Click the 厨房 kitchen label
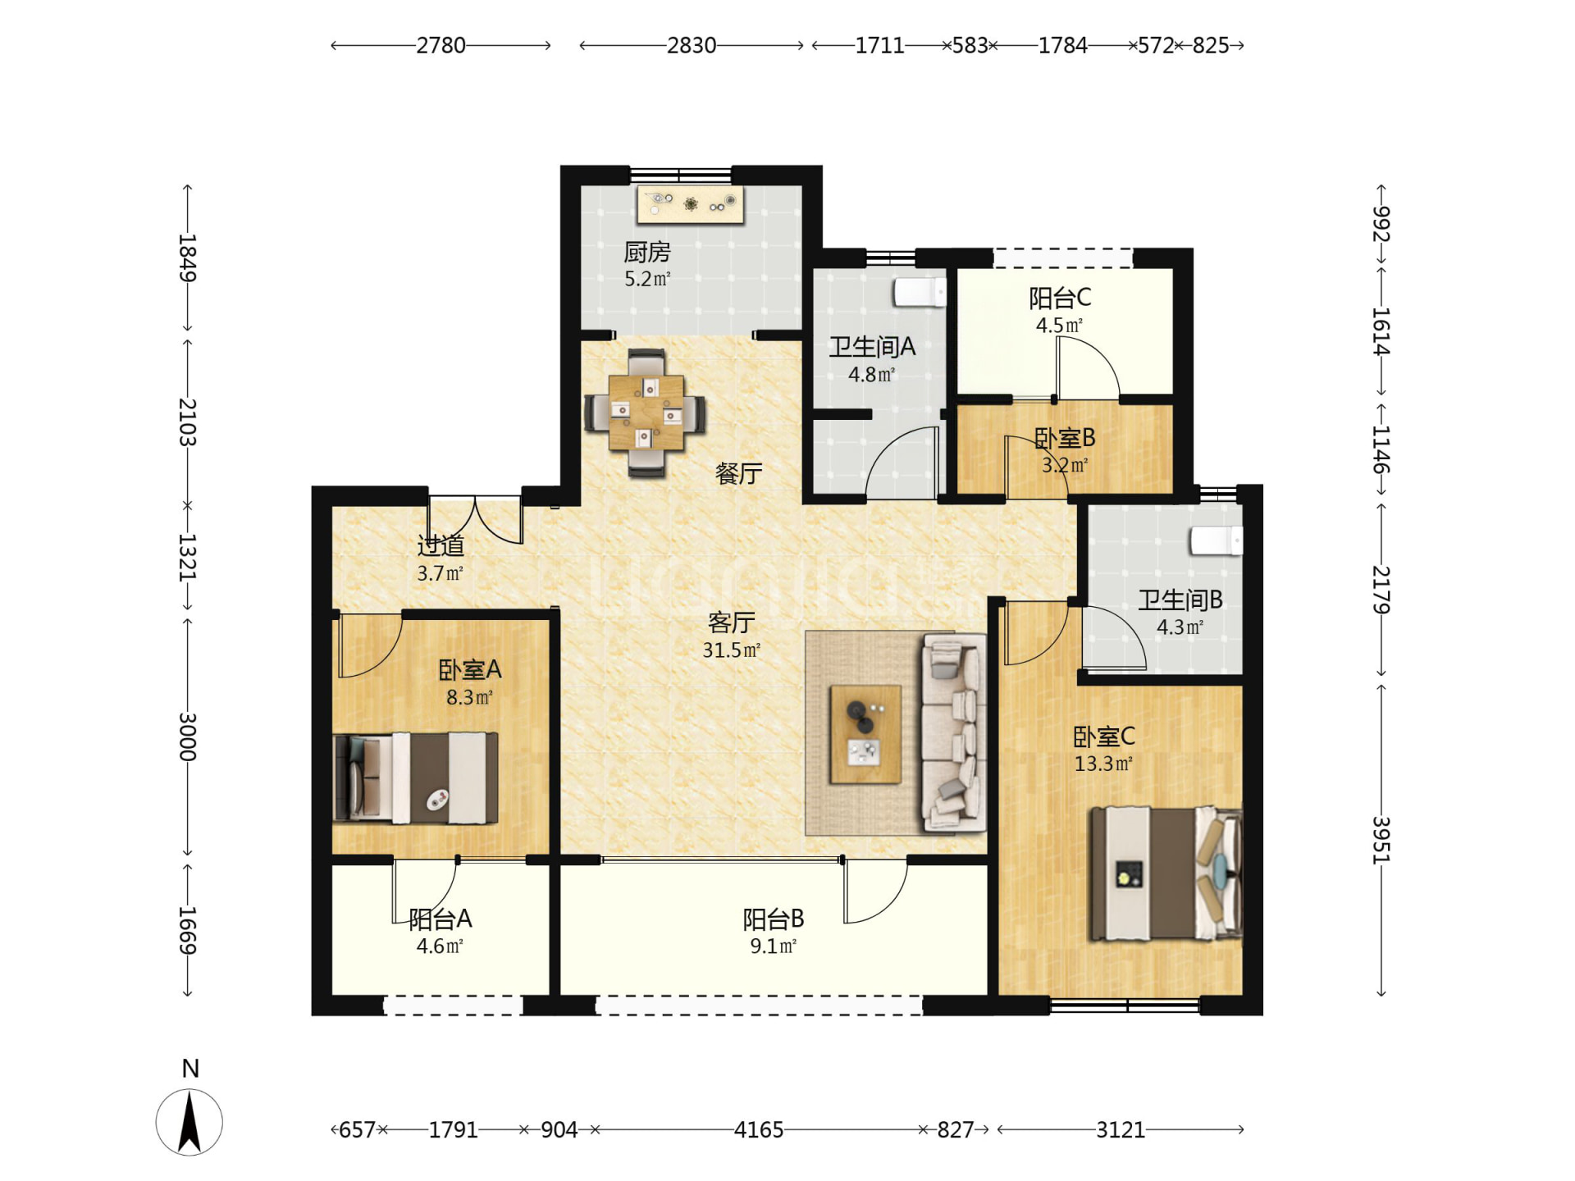[x=647, y=252]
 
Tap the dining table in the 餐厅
[x=646, y=413]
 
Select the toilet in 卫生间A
[x=920, y=292]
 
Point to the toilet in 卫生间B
[x=1217, y=540]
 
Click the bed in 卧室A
[x=416, y=777]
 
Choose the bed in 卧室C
[x=1165, y=873]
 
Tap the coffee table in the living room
[x=865, y=734]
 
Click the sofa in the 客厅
[x=953, y=732]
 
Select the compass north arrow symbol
[x=189, y=1122]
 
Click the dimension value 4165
[x=759, y=1129]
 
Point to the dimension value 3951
[x=1381, y=840]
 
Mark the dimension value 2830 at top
[x=692, y=45]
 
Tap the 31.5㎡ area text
[x=732, y=650]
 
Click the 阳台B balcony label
[x=774, y=919]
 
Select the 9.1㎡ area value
[x=774, y=946]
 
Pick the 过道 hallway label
[x=441, y=545]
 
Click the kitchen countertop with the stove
[x=691, y=204]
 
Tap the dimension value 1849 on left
[x=188, y=258]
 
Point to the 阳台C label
[x=1060, y=298]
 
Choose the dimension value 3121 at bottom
[x=1121, y=1129]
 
